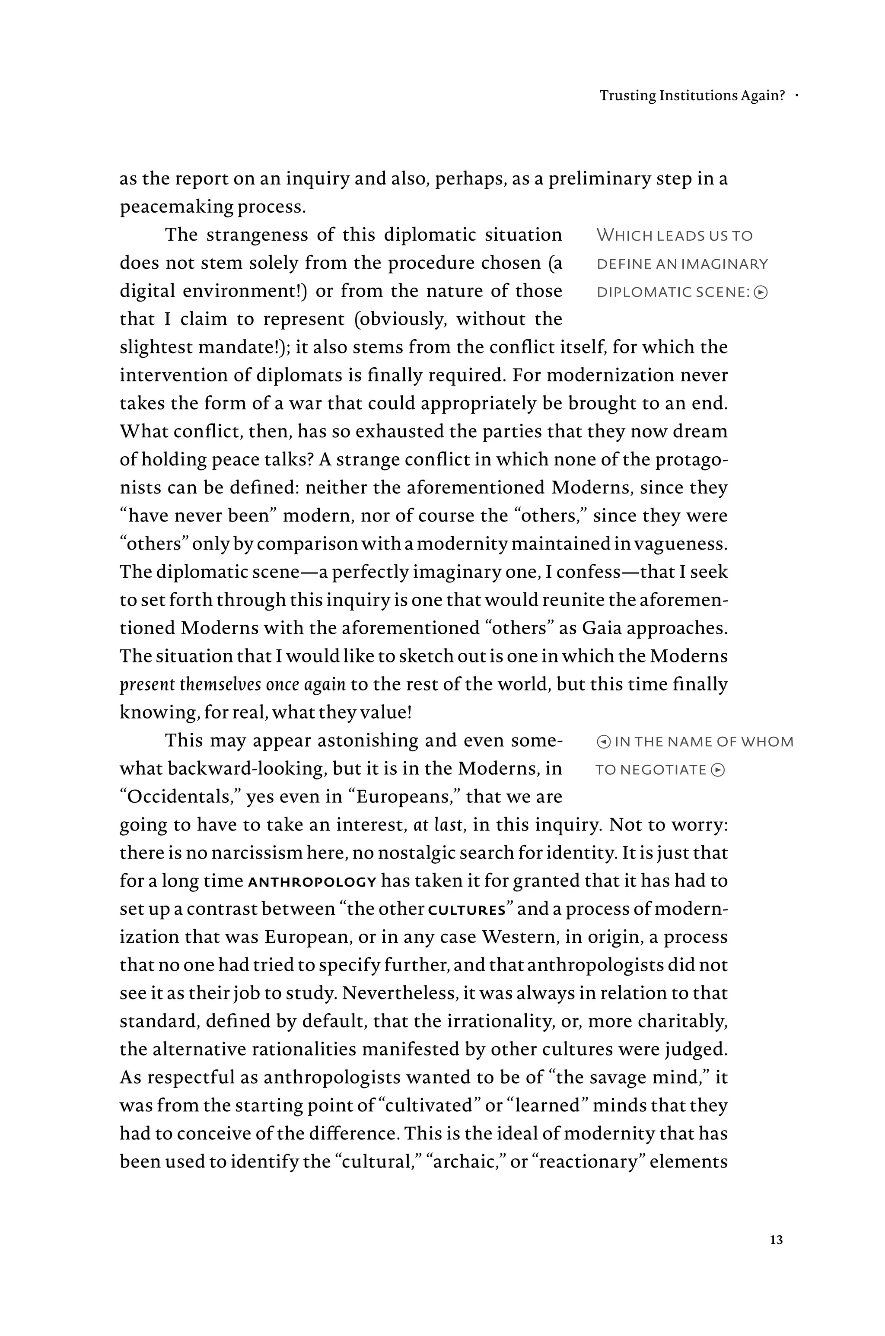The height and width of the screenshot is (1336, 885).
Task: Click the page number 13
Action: click(x=776, y=1240)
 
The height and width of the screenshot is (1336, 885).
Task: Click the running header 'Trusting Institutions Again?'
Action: click(x=692, y=95)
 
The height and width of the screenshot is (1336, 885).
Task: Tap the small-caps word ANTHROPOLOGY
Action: click(x=312, y=882)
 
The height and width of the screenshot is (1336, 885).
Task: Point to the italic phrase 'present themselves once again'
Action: click(x=232, y=684)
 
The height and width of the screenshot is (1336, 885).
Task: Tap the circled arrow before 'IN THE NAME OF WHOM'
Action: click(x=603, y=742)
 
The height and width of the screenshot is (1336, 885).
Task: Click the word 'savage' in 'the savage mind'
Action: click(x=618, y=1078)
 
